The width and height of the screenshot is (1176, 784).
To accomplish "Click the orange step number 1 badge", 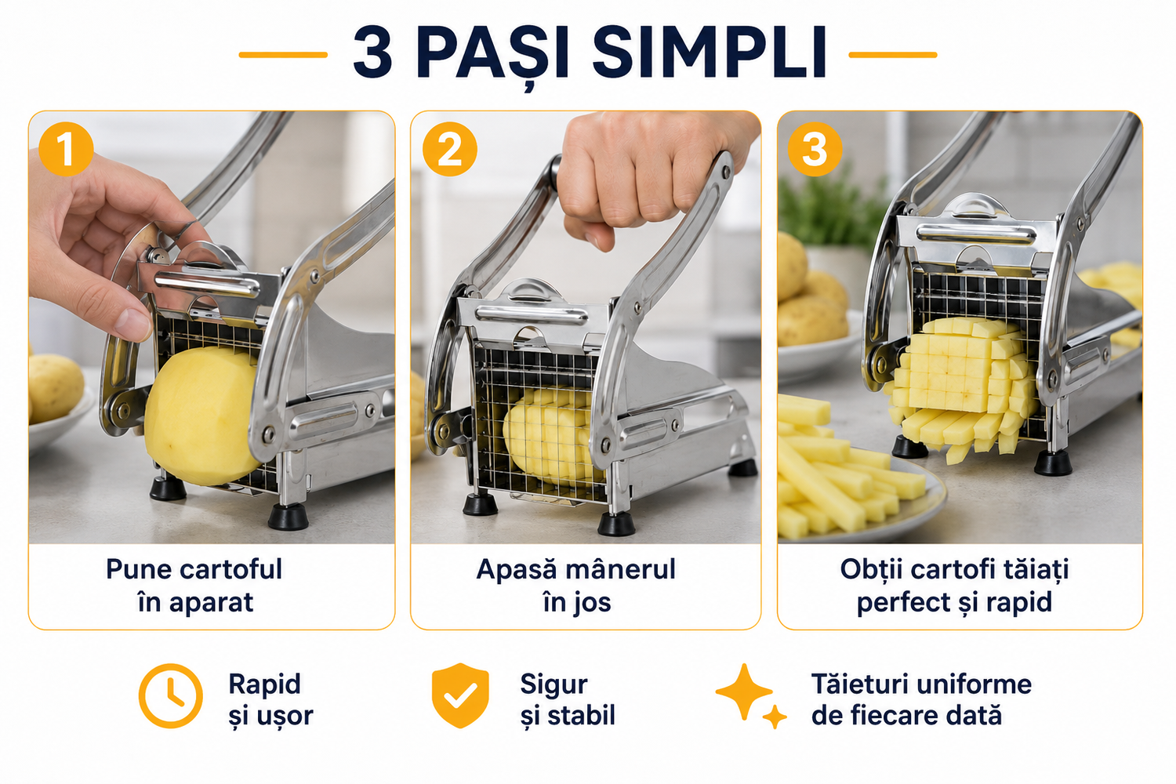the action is pos(66,149).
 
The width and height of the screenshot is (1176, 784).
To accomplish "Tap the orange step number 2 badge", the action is pos(450,149).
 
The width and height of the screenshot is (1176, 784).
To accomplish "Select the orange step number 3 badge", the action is pos(815,149).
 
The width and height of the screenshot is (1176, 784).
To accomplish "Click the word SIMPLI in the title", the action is pos(710,53).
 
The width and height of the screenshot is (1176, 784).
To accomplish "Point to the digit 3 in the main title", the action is pos(372,53).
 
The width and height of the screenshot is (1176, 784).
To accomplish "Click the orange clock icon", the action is pos(171,695).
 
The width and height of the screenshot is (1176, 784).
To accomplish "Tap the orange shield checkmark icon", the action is pos(460,695).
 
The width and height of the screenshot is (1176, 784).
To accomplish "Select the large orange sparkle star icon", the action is pos(744,691).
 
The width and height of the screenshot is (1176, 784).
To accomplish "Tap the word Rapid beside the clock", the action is pos(265,684).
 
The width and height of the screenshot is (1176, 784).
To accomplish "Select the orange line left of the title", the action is pos(284,55).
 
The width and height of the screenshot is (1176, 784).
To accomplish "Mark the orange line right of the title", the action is pos(893,55).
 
